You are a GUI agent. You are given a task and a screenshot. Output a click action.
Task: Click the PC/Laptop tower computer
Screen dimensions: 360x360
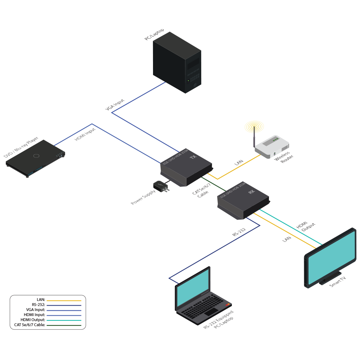click(x=177, y=63)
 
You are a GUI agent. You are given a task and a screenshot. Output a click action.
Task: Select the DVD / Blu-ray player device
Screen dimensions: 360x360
click(x=35, y=158)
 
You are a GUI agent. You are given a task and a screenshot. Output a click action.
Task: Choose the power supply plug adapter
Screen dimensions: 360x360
click(x=160, y=186)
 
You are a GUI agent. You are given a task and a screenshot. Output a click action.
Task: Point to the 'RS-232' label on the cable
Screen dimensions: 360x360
click(x=239, y=232)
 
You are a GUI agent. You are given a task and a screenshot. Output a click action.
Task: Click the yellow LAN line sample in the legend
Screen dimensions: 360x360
click(x=64, y=300)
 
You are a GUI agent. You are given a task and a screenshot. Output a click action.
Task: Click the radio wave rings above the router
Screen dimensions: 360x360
click(x=254, y=127)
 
